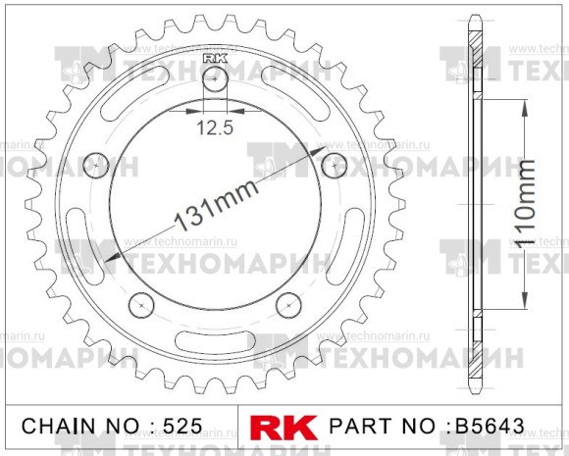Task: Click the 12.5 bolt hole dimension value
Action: point(214,127)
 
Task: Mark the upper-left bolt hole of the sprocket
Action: point(96,164)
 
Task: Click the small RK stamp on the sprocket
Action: point(215,59)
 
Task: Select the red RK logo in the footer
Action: point(284,428)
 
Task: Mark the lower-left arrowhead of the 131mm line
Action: point(112,259)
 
